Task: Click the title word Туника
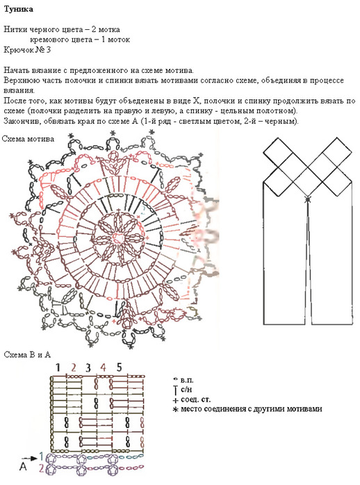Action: click(x=18, y=9)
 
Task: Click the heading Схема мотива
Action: click(x=28, y=139)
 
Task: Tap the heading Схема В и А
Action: click(x=27, y=354)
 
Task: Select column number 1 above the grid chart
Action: click(x=58, y=368)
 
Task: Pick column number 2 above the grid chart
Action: click(x=73, y=368)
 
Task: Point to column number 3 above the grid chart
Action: click(x=88, y=368)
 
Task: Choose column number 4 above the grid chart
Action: click(x=103, y=368)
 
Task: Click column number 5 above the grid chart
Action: click(x=119, y=367)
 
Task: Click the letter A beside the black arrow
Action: click(x=23, y=466)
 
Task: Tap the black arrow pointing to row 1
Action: click(x=30, y=458)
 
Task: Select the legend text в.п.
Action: click(x=187, y=380)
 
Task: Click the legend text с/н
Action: click(x=186, y=389)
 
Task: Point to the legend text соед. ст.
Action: click(x=195, y=399)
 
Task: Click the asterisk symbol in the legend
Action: click(x=175, y=410)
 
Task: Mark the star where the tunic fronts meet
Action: click(x=307, y=199)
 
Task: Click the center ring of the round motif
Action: click(x=119, y=238)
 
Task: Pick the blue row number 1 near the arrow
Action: click(x=42, y=457)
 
